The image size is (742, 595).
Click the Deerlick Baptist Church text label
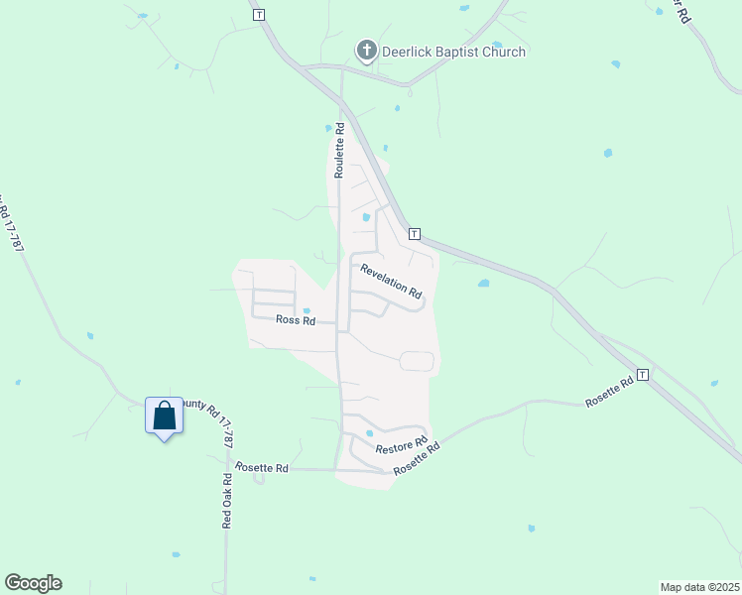(x=453, y=52)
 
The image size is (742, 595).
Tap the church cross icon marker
(x=366, y=50)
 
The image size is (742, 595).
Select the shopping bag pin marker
(x=164, y=416)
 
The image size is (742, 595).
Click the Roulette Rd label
(x=339, y=150)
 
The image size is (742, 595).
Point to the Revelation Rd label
(x=391, y=282)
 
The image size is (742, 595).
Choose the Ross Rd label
(x=295, y=320)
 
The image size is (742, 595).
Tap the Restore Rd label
(x=400, y=448)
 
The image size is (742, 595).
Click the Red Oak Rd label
(x=227, y=500)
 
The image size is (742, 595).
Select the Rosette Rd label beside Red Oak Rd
(x=261, y=468)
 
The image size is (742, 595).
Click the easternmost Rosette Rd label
(x=608, y=391)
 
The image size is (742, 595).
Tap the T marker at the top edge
(x=259, y=15)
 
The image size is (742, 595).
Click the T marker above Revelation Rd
(x=415, y=234)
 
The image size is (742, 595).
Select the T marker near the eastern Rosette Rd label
(x=643, y=375)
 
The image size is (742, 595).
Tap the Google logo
(x=33, y=582)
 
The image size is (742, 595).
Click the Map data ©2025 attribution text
(x=699, y=587)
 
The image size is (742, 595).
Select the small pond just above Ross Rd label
(x=307, y=309)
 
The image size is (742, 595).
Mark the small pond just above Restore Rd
(x=369, y=432)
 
